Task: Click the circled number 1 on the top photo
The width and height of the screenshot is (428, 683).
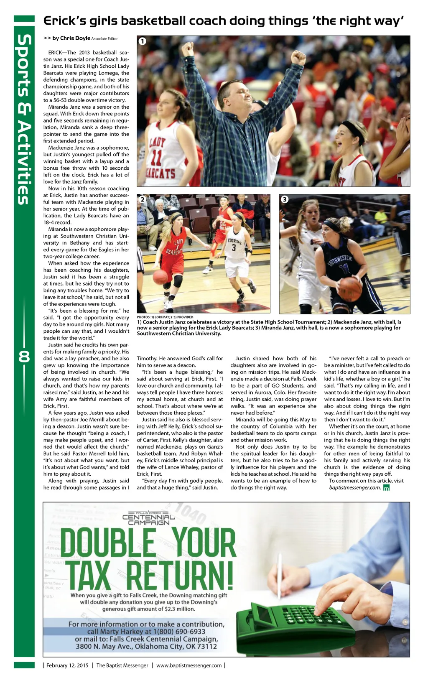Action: click(143, 41)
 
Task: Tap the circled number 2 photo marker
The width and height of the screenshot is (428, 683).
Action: click(143, 199)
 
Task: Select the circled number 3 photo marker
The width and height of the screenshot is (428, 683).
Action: click(285, 199)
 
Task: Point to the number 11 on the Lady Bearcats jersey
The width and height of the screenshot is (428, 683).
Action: click(156, 157)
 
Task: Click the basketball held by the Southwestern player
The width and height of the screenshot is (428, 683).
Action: click(350, 289)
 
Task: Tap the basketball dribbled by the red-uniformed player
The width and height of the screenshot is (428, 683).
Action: click(160, 277)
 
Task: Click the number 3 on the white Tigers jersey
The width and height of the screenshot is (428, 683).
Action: click(234, 248)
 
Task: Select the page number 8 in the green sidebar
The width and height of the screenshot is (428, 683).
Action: click(24, 357)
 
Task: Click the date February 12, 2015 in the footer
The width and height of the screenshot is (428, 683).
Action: click(67, 665)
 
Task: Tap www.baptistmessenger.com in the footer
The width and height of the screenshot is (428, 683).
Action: click(189, 665)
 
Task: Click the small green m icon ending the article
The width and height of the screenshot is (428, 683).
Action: click(386, 488)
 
